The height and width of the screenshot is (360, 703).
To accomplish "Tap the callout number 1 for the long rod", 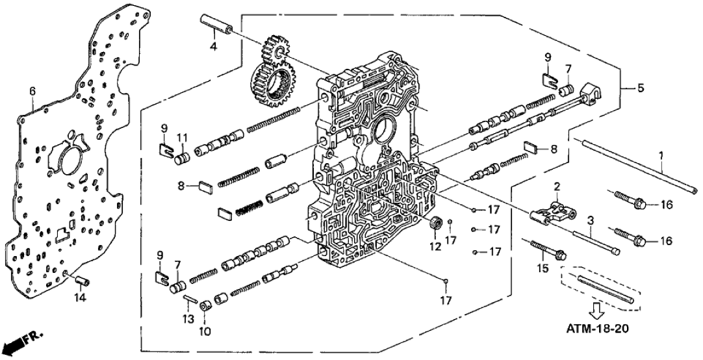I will tap(662, 157).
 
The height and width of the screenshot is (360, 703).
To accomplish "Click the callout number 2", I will tap(556, 186).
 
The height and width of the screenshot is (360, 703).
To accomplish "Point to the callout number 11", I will tap(183, 136).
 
